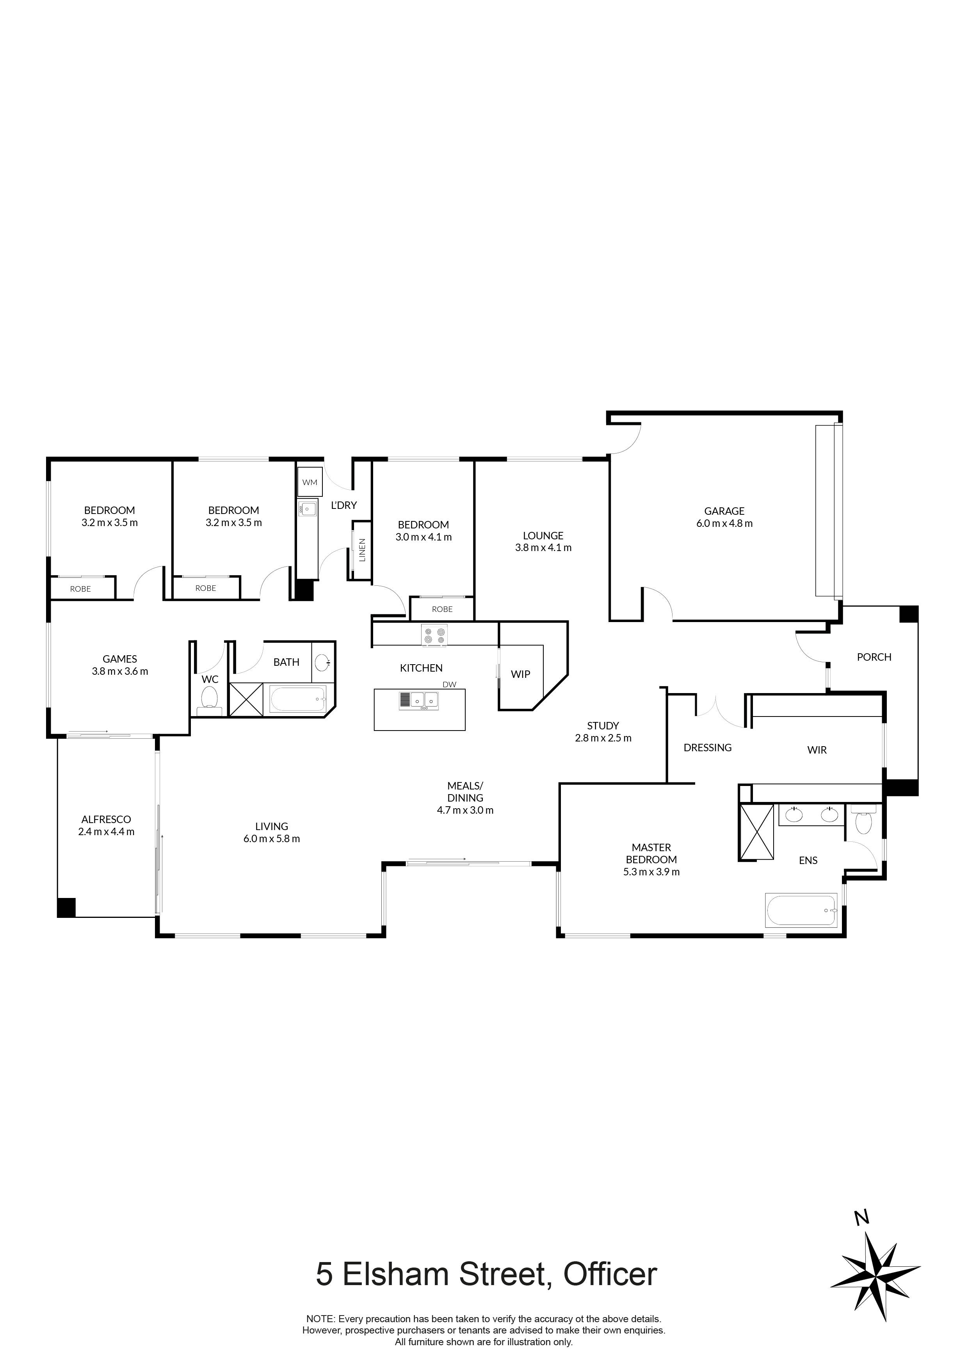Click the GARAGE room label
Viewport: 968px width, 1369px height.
click(724, 511)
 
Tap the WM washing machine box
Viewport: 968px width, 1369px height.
click(310, 482)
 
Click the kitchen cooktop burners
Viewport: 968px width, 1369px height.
click(434, 635)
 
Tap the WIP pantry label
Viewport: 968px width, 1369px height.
click(520, 674)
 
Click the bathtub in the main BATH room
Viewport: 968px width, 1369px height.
click(297, 698)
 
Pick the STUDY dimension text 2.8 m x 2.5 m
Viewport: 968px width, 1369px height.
click(603, 738)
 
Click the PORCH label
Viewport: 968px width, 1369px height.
click(874, 657)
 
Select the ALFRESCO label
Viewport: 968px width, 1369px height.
click(106, 819)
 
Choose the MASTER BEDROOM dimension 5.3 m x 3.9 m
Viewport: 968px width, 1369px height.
click(651, 872)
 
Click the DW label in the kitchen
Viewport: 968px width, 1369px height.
click(449, 684)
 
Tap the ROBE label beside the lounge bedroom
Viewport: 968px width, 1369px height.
click(442, 609)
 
